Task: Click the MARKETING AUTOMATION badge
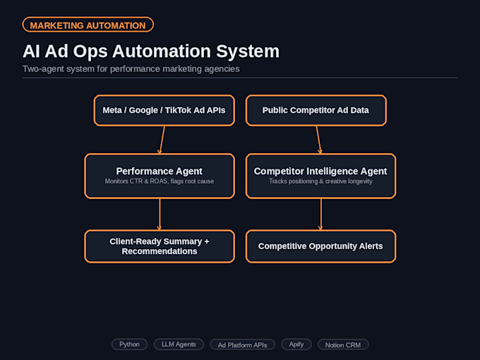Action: coord(88,25)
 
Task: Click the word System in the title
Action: coord(248,52)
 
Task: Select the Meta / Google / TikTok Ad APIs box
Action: coord(164,110)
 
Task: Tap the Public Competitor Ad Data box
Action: coord(316,110)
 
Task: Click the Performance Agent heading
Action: coord(160,171)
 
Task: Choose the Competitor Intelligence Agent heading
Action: coord(320,171)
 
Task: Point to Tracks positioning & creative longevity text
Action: coord(320,181)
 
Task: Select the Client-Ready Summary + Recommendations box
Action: coord(160,246)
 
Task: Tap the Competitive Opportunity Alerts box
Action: coord(320,246)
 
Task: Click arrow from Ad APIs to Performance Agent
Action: coord(162,140)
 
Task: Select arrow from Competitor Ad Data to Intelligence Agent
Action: coord(318,140)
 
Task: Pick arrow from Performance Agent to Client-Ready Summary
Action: coord(160,215)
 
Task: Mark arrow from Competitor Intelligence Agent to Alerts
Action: coord(320,215)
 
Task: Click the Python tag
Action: coord(129,344)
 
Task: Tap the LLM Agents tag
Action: coord(179,344)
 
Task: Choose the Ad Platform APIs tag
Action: coord(242,345)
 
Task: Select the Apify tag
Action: coord(296,344)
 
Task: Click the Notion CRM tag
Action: coord(343,345)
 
